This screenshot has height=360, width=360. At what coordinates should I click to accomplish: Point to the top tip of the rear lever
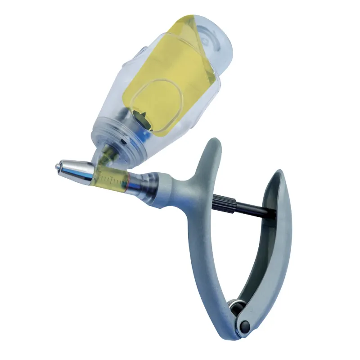point(279,174)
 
